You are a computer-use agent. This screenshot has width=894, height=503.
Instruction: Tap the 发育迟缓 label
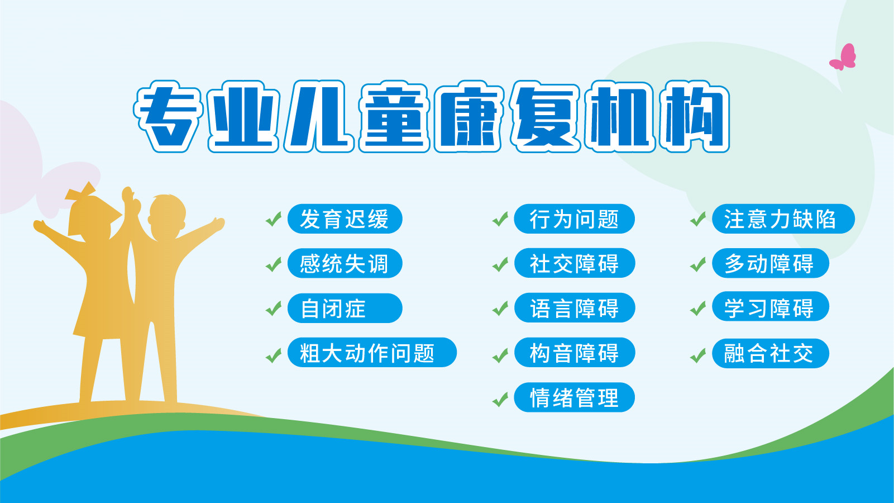point(345,219)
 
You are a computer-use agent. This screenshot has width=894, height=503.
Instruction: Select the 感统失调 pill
point(345,264)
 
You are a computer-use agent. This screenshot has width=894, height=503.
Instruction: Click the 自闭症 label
point(345,309)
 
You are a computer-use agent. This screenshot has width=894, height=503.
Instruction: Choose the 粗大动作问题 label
point(372,353)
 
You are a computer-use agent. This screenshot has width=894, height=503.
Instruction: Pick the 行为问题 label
point(574,219)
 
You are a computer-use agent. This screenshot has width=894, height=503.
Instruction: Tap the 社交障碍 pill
point(574,264)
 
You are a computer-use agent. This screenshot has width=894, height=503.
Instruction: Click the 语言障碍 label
point(574,309)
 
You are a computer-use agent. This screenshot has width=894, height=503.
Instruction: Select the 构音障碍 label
point(574,353)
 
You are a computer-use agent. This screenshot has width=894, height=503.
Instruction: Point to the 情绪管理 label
point(574,398)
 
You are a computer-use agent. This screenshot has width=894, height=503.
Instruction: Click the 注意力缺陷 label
point(783,219)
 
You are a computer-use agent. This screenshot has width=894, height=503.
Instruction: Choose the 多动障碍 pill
point(770,264)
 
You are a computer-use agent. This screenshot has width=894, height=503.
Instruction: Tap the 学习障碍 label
point(770,307)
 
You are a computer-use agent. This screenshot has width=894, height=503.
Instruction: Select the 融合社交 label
point(770,353)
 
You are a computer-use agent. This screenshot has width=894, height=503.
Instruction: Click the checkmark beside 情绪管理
point(500,400)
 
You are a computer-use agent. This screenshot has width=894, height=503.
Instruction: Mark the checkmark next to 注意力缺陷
point(698,220)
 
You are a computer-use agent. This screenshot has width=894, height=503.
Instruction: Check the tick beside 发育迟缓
point(273,220)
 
